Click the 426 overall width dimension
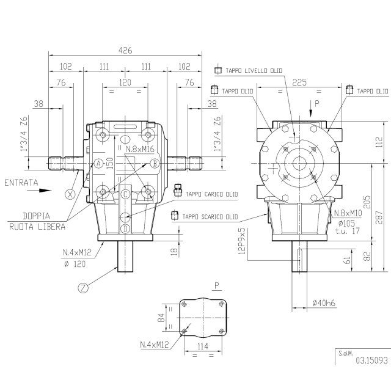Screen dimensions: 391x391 point(125,51)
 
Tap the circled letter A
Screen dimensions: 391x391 point(99,164)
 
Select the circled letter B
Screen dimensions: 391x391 point(155,164)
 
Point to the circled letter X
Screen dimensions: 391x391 point(70,194)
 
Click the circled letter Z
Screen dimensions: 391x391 point(83,288)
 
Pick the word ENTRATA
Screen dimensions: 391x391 point(21,183)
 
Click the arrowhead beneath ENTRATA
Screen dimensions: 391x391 point(45,191)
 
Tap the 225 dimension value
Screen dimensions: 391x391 point(299,82)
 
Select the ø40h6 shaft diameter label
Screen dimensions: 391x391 point(324,303)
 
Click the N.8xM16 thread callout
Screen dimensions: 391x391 point(140,149)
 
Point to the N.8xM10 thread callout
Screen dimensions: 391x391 point(348,213)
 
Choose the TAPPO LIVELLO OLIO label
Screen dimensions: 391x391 point(254,71)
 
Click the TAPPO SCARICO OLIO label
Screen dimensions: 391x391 point(210,217)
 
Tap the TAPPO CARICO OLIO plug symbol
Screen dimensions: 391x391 point(178,190)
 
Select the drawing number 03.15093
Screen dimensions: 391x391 point(372,360)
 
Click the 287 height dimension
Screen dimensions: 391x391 point(379,217)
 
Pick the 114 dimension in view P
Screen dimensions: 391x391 point(203,346)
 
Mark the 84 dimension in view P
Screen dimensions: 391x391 point(161,318)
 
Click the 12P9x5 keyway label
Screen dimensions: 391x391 point(242,241)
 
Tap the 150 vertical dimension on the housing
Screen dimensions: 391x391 point(110,163)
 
